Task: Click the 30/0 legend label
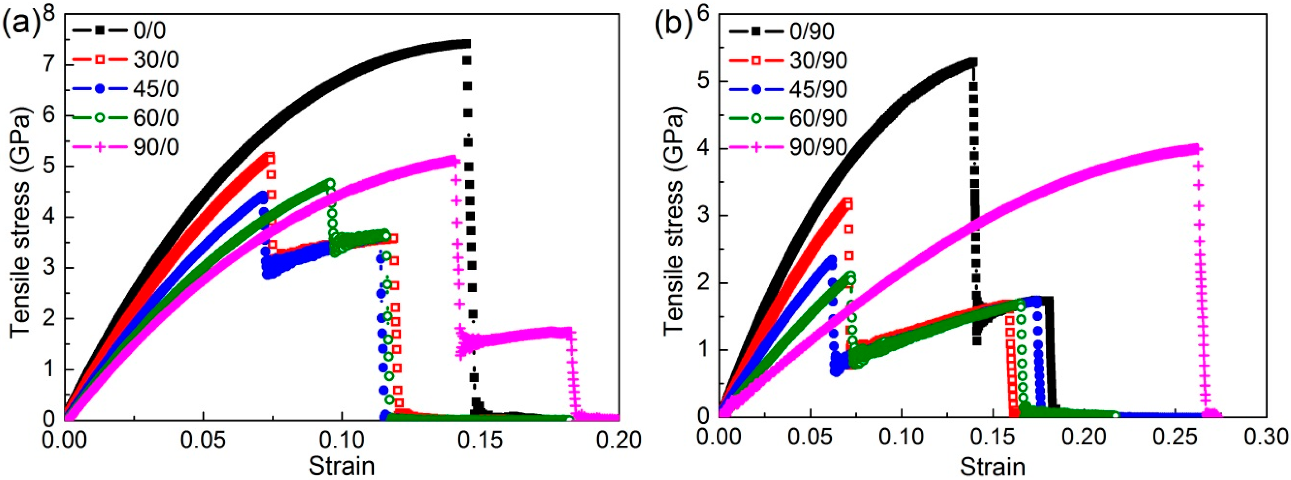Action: [x=156, y=60]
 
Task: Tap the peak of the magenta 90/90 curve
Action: [x=1195, y=149]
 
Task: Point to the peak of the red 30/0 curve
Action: [x=270, y=156]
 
